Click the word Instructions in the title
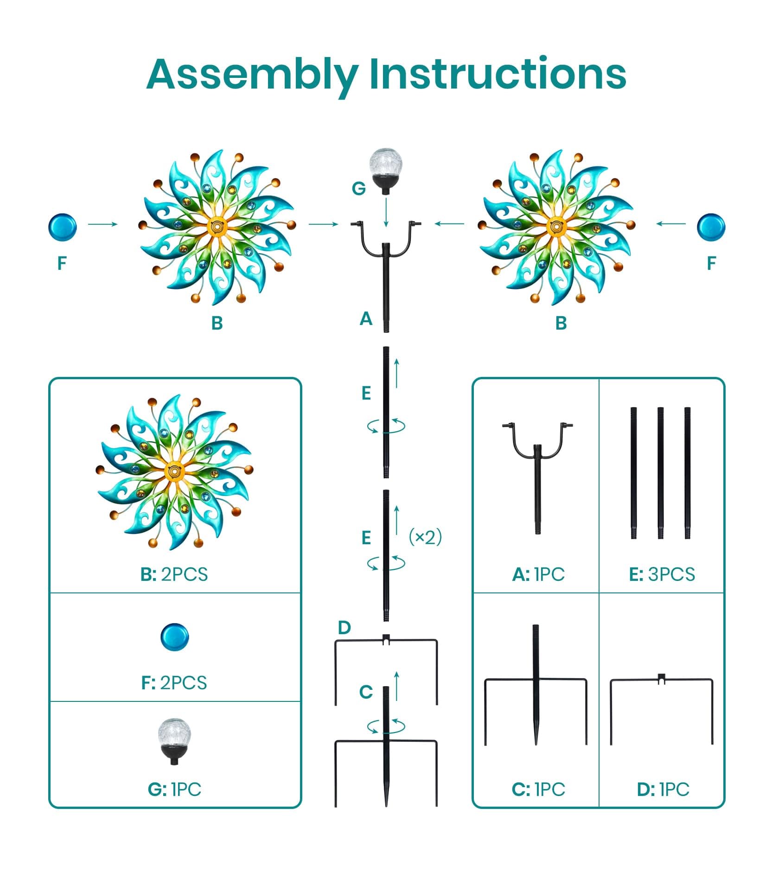[x=498, y=73]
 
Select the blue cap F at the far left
[x=63, y=227]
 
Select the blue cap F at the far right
[x=711, y=227]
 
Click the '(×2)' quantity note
[x=425, y=537]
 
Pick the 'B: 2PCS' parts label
[x=174, y=574]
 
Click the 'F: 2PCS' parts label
[x=174, y=682]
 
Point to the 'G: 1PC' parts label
[x=174, y=789]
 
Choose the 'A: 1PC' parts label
[x=538, y=574]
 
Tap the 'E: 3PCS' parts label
[x=662, y=574]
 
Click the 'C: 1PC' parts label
[x=538, y=789]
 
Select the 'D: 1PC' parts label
[x=663, y=789]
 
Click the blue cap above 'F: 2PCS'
[x=175, y=637]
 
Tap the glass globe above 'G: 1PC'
[x=174, y=742]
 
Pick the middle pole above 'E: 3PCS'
[x=660, y=473]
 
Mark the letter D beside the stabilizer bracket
[x=344, y=628]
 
